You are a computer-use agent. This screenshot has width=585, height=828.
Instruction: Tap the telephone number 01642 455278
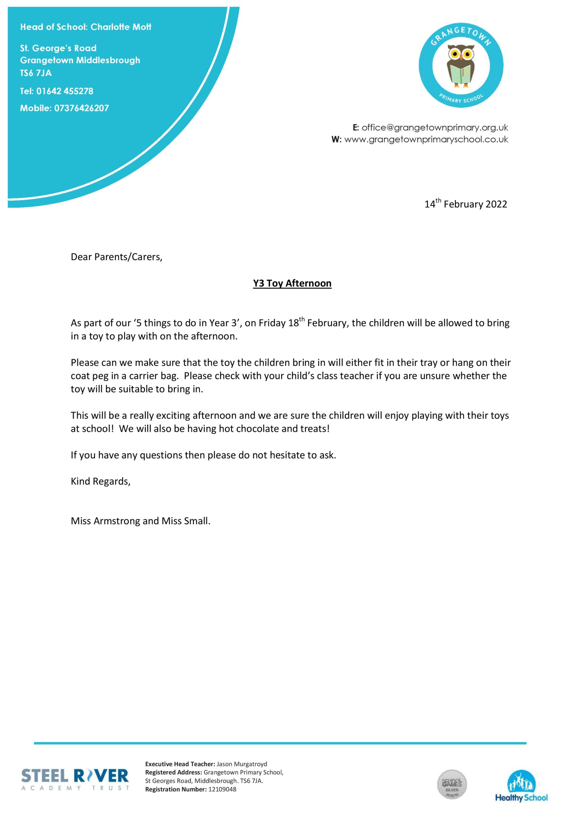[x=65, y=91]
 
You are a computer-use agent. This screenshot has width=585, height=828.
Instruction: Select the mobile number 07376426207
[x=81, y=108]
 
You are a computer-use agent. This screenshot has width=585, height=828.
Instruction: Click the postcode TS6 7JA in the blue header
[x=36, y=73]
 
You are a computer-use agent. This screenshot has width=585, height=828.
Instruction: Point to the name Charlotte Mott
[x=121, y=27]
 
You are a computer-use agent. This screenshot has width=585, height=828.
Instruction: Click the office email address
[x=435, y=128]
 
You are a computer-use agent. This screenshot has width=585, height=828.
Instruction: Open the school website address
[x=426, y=139]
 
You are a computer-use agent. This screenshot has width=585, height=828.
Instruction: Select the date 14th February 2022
[x=465, y=204]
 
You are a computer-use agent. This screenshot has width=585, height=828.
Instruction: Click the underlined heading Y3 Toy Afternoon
[x=292, y=283]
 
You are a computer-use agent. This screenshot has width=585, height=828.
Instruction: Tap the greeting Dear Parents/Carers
[x=116, y=257]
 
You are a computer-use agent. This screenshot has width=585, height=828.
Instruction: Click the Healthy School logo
[x=521, y=786]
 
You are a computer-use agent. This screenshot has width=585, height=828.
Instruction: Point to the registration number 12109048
[x=222, y=789]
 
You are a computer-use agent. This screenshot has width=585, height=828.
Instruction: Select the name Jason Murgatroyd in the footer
[x=242, y=764]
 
